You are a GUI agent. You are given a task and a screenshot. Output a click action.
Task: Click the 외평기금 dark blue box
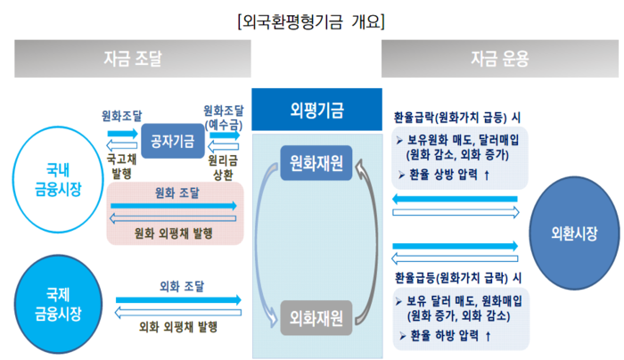click(x=316, y=110)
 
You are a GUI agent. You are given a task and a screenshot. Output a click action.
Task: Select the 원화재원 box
click(x=316, y=163)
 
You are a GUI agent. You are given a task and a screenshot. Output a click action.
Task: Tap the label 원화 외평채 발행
click(x=174, y=233)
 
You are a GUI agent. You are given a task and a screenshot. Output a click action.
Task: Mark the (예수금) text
click(x=224, y=125)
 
